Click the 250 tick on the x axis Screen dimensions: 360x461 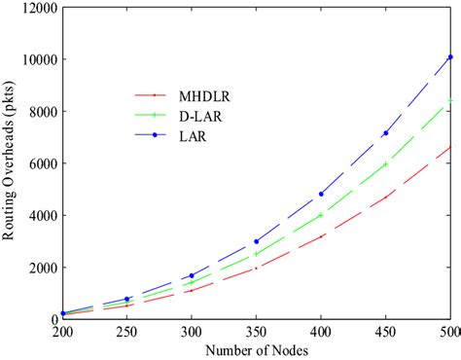click(126, 332)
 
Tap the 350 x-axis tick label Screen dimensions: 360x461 click(257, 332)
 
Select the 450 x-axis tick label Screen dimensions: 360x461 click(386, 332)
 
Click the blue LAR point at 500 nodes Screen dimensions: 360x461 click(450, 57)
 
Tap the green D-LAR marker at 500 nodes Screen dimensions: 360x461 click(450, 100)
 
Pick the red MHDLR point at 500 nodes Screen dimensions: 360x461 click(450, 148)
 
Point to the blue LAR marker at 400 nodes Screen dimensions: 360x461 click(321, 194)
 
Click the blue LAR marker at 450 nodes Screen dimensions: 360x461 click(386, 133)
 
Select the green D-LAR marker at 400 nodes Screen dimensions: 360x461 click(321, 215)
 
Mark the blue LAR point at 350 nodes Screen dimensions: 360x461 click(257, 241)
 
